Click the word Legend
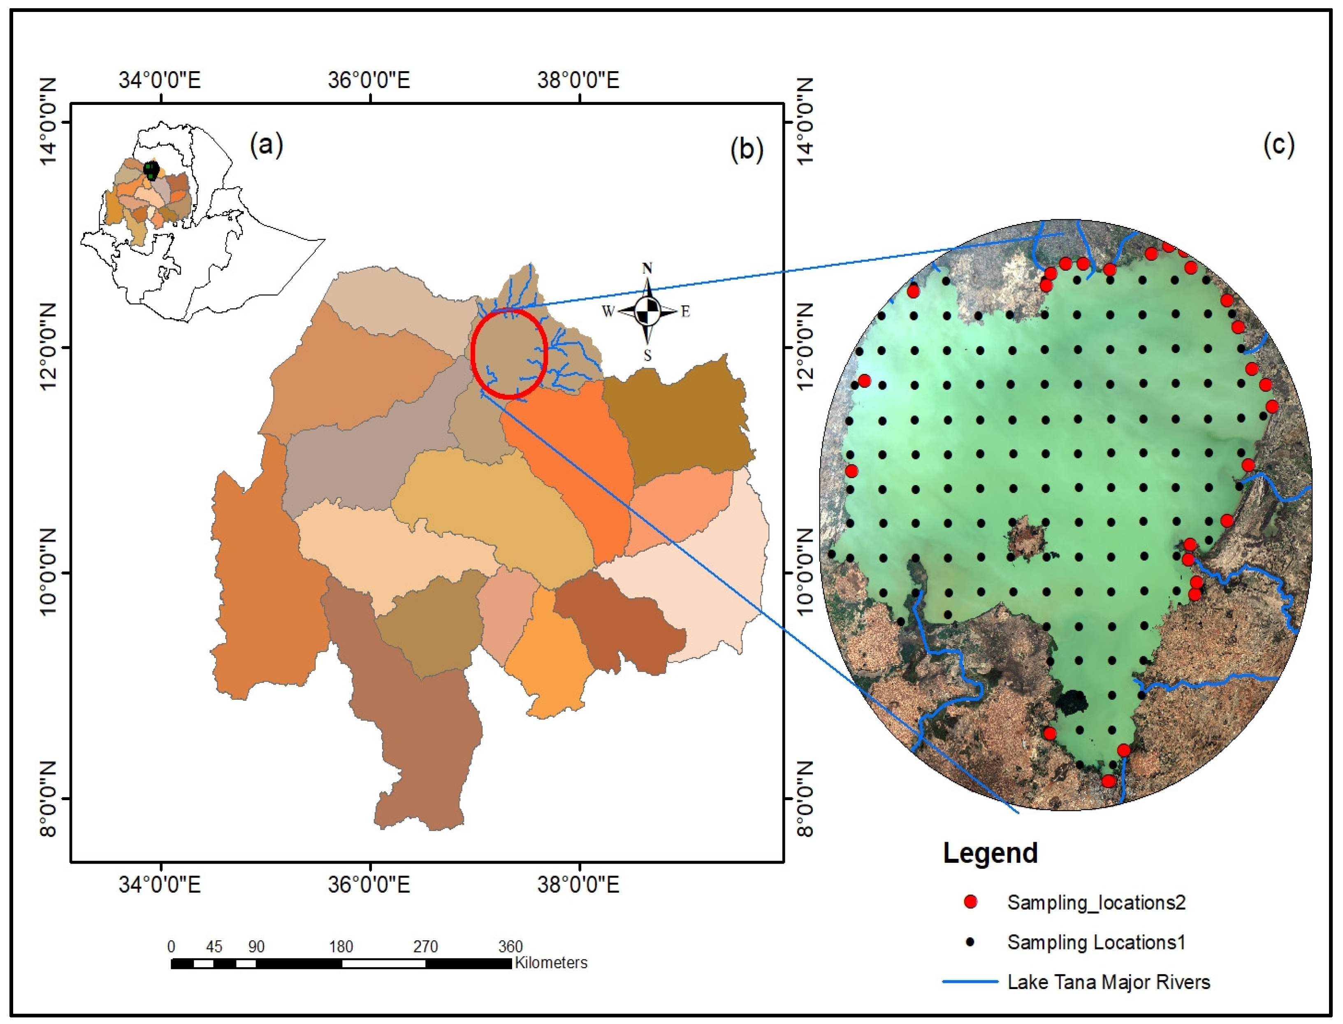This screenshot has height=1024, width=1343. (990, 853)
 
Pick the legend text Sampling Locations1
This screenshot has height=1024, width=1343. (1096, 942)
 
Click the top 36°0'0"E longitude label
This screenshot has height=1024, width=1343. (369, 80)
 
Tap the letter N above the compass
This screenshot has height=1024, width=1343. (647, 268)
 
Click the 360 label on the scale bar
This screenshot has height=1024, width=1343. (510, 947)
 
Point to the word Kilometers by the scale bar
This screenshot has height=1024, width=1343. (551, 963)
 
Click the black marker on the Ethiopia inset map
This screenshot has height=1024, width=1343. (151, 170)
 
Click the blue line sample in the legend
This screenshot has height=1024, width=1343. (970, 982)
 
